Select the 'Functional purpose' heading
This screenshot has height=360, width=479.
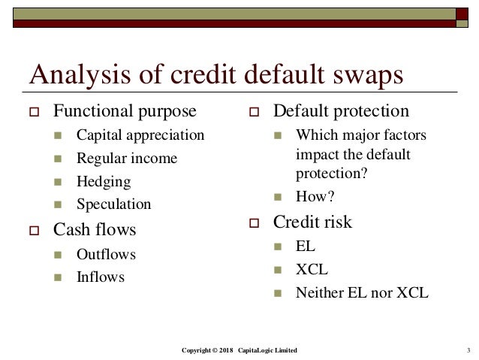tap(124, 113)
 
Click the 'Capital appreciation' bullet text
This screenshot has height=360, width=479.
tap(140, 136)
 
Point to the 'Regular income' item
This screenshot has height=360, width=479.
tap(127, 159)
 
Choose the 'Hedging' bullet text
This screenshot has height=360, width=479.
tap(104, 181)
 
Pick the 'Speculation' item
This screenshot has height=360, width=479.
tap(113, 204)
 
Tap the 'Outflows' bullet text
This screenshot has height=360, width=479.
tap(106, 254)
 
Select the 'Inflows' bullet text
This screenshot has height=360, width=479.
tap(101, 277)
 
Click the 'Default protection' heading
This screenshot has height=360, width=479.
tap(341, 112)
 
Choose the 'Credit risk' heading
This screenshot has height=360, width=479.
tap(312, 222)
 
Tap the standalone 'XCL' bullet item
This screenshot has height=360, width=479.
tap(312, 269)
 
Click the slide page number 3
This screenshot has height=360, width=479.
tap(468, 351)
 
